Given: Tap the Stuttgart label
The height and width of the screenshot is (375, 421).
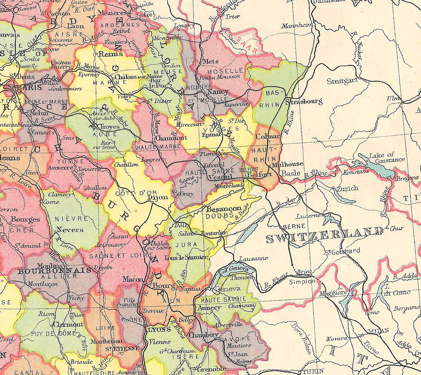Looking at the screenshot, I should (x=342, y=81).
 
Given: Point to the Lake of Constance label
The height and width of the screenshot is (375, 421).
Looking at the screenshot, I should (x=387, y=157).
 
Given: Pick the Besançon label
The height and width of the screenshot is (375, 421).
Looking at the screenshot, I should (x=224, y=208).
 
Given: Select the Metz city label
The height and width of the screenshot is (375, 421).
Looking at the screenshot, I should (x=210, y=61).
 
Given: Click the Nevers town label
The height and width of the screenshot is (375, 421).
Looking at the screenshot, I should (x=70, y=229).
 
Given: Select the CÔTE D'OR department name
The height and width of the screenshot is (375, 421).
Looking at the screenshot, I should (x=136, y=193).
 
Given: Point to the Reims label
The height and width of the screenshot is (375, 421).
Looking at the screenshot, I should (x=111, y=54).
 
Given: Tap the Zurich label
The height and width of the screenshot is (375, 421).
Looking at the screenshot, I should (x=348, y=189).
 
